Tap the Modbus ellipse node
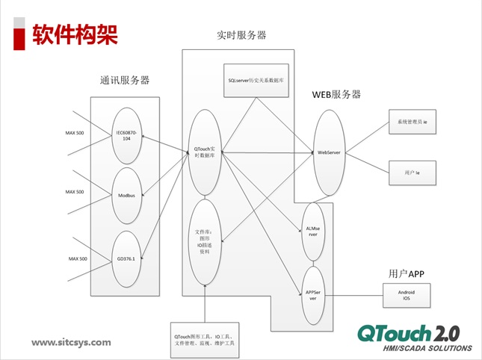(126, 195)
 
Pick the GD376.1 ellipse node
(126, 258)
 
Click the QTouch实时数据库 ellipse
(204, 150)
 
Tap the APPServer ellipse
(313, 294)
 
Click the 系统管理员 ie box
(412, 121)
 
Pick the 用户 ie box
(412, 171)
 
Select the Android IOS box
(407, 294)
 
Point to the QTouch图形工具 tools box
(204, 341)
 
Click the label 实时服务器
(241, 35)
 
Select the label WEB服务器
(336, 95)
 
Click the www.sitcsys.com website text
(71, 342)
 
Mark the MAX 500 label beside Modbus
(75, 192)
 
